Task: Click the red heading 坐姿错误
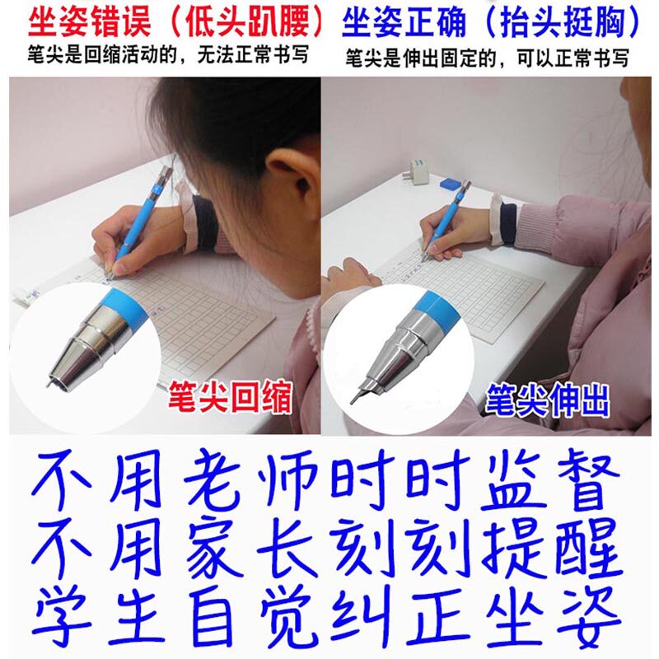pyautogui.click(x=90, y=23)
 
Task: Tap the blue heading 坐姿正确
pyautogui.click(x=404, y=23)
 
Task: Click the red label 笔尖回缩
pyautogui.click(x=230, y=396)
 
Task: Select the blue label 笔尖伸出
pyautogui.click(x=547, y=400)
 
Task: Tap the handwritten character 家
pyautogui.click(x=214, y=548)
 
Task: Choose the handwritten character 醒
pyautogui.click(x=588, y=548)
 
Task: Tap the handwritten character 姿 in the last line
pyautogui.click(x=589, y=616)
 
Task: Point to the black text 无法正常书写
pyautogui.click(x=253, y=55)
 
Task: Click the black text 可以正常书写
pyautogui.click(x=573, y=58)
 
